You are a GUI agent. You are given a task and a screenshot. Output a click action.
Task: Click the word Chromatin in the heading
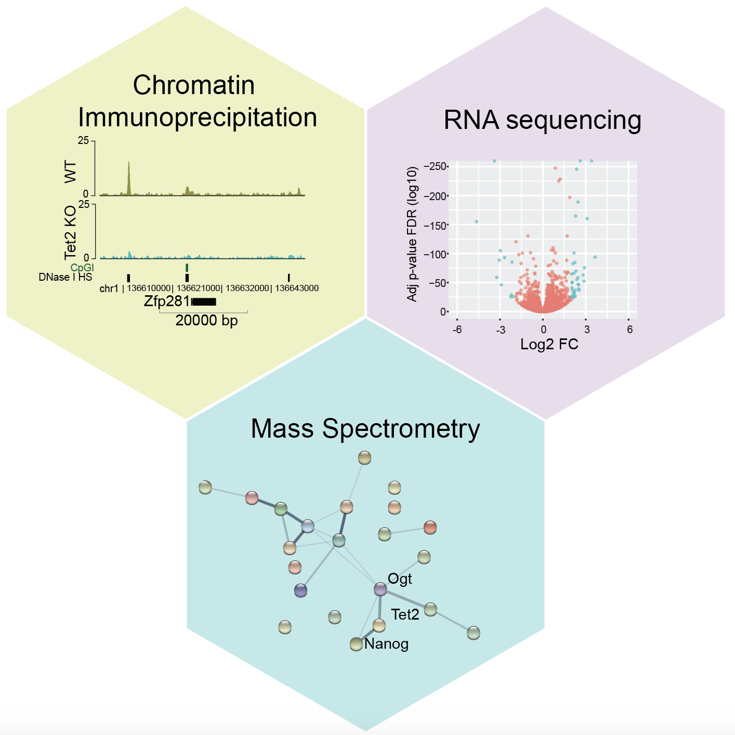pyautogui.click(x=193, y=85)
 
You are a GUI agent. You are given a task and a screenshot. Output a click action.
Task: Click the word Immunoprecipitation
pyautogui.click(x=198, y=117)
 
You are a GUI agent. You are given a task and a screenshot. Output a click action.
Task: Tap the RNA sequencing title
pyautogui.click(x=542, y=120)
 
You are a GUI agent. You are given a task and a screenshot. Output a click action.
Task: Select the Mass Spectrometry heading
pyautogui.click(x=365, y=429)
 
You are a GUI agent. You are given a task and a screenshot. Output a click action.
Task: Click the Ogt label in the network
pyautogui.click(x=400, y=579)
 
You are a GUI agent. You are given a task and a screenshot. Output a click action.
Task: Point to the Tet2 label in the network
pyautogui.click(x=405, y=614)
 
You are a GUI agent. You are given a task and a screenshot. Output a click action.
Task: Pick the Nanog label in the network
pyautogui.click(x=386, y=644)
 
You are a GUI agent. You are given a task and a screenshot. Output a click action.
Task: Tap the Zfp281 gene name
pyautogui.click(x=167, y=301)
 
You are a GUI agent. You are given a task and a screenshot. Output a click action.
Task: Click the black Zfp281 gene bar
pyautogui.click(x=204, y=301)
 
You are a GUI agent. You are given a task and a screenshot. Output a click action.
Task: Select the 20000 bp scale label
pyautogui.click(x=206, y=320)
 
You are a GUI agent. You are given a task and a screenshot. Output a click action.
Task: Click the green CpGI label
pyautogui.click(x=82, y=268)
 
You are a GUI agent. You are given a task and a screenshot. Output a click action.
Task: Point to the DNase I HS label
pyautogui.click(x=65, y=277)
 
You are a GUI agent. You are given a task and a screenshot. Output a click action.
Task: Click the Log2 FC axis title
pyautogui.click(x=549, y=344)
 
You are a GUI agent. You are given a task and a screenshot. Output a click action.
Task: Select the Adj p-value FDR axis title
pyautogui.click(x=412, y=234)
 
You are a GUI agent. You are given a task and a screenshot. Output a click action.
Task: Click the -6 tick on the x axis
pyautogui.click(x=457, y=330)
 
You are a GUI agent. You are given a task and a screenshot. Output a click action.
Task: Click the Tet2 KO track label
pyautogui.click(x=71, y=231)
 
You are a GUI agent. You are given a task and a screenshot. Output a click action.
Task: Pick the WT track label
pyautogui.click(x=71, y=172)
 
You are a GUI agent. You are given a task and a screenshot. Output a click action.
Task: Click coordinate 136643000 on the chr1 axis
pyautogui.click(x=297, y=288)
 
